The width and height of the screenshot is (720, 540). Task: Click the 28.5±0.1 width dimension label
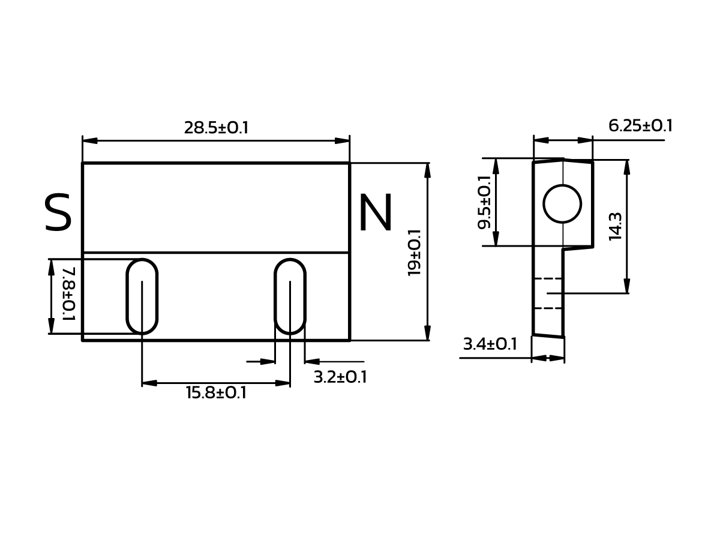tap(216, 128)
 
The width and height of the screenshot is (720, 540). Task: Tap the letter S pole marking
tap(58, 213)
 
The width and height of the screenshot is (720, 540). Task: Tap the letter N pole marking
tap(375, 214)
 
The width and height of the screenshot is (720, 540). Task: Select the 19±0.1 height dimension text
tap(415, 252)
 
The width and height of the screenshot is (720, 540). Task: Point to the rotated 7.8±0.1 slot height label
tap(68, 293)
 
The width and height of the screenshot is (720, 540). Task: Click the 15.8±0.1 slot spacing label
tap(216, 393)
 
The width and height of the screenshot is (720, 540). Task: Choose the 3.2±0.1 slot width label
tap(340, 377)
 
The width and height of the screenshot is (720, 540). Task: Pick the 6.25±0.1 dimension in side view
tap(640, 126)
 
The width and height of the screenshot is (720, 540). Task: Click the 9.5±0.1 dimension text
tap(484, 202)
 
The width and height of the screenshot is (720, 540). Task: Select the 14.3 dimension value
tap(616, 226)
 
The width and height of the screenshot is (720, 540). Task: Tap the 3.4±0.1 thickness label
tap(490, 344)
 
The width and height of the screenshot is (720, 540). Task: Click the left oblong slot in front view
tap(142, 296)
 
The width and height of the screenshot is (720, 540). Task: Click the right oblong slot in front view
tap(290, 296)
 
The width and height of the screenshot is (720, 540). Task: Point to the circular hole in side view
tap(562, 204)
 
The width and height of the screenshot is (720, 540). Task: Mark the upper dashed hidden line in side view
tap(547, 279)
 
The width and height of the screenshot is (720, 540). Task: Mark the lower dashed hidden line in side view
tap(547, 308)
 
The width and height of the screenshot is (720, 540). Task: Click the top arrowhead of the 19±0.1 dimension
tap(427, 170)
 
